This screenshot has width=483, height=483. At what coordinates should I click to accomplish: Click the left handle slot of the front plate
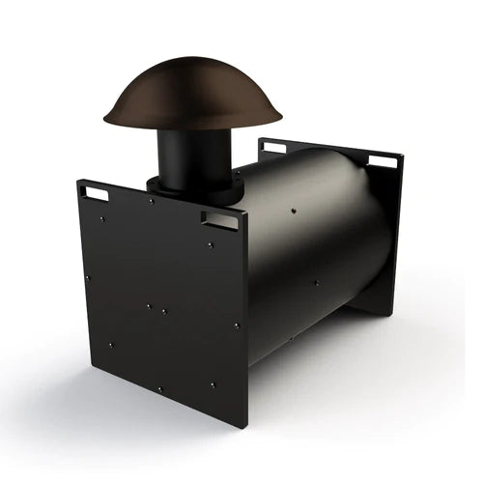pos(97,193)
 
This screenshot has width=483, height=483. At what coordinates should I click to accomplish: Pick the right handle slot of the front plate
pos(220,220)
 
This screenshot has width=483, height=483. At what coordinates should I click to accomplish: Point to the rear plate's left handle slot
pos(273,148)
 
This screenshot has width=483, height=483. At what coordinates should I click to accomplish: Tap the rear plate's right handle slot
pos(384,160)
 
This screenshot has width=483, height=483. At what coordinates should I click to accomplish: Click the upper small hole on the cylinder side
pos(293,208)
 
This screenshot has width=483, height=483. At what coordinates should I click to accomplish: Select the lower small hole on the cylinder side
pos(314,283)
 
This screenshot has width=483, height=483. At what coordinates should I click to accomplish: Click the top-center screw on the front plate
pos(151,201)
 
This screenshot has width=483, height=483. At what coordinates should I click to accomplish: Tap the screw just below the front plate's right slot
pos(212,244)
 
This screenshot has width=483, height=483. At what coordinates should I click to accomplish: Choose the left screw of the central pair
pos(148,306)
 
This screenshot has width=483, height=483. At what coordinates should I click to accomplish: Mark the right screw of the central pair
pos(164,312)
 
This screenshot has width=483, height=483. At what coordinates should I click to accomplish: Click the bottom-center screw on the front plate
pos(160,388)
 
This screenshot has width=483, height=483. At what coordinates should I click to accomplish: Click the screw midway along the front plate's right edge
pos(235,325)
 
